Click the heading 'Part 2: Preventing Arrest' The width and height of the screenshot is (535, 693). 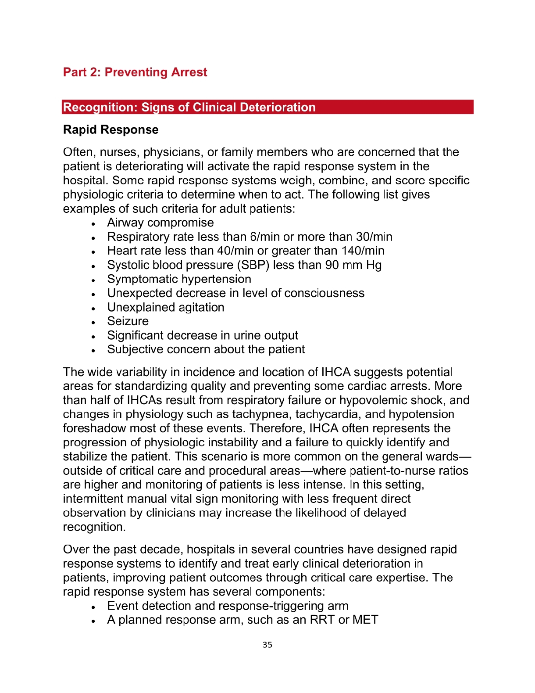pyautogui.click(x=135, y=72)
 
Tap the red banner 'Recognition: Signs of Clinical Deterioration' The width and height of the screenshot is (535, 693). pyautogui.click(x=189, y=107)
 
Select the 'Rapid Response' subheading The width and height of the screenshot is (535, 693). pyautogui.click(x=111, y=130)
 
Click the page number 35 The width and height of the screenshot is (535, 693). pyautogui.click(x=267, y=645)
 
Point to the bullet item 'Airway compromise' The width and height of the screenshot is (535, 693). pyautogui.click(x=160, y=223)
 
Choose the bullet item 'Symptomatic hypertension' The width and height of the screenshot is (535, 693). pyautogui.click(x=179, y=279)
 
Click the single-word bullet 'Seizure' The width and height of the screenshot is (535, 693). pyautogui.click(x=128, y=321)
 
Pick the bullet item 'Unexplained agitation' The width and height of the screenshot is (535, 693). pyautogui.click(x=165, y=307)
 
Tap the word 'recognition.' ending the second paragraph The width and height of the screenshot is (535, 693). pyautogui.click(x=94, y=527)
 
